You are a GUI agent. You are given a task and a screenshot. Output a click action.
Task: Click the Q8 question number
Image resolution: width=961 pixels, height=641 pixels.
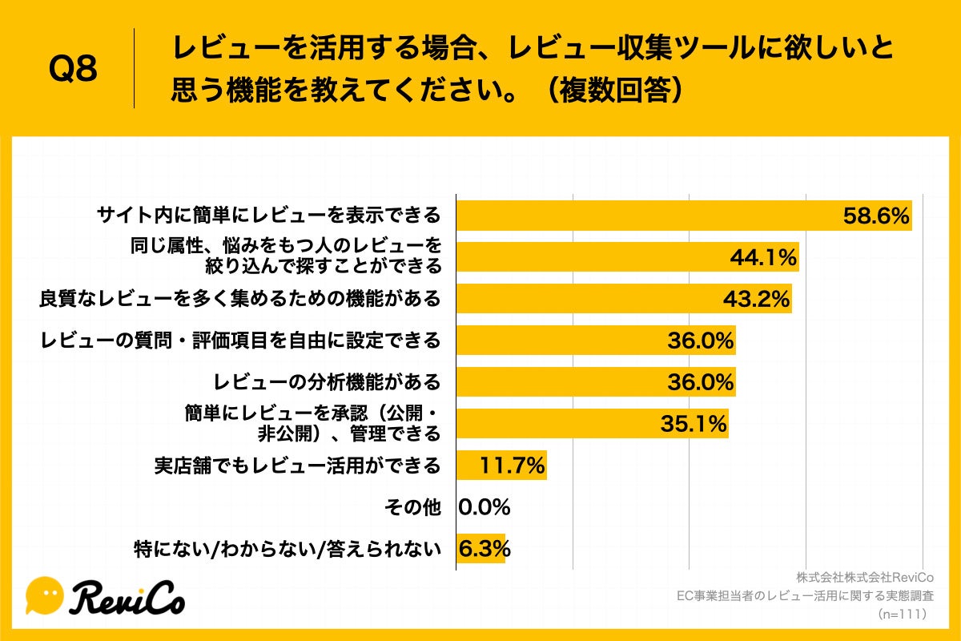(73, 69)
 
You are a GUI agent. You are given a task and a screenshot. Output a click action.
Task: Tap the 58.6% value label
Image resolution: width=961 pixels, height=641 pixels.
(876, 216)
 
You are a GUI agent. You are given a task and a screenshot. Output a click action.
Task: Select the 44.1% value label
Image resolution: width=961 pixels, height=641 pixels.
(762, 257)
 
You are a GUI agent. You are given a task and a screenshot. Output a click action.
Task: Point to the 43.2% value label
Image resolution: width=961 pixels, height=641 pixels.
(756, 299)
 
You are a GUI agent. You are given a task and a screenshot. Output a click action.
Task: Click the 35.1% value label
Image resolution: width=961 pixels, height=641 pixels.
(693, 423)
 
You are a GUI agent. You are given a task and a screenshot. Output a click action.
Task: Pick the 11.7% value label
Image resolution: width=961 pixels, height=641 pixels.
(512, 465)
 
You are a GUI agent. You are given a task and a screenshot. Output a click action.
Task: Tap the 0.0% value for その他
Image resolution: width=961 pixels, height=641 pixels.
(485, 506)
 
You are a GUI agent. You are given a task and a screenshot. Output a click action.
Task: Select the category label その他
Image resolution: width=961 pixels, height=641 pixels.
(412, 507)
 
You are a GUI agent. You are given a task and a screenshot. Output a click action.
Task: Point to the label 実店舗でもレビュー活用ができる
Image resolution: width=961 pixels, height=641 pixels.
(297, 466)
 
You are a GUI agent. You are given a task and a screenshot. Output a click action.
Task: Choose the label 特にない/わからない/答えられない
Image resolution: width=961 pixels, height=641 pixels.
(287, 550)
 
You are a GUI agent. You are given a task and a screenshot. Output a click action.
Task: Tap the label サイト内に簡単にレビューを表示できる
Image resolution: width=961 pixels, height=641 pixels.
(268, 216)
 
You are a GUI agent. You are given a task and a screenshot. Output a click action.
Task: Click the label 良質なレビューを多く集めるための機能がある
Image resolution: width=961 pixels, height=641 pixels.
(240, 299)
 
